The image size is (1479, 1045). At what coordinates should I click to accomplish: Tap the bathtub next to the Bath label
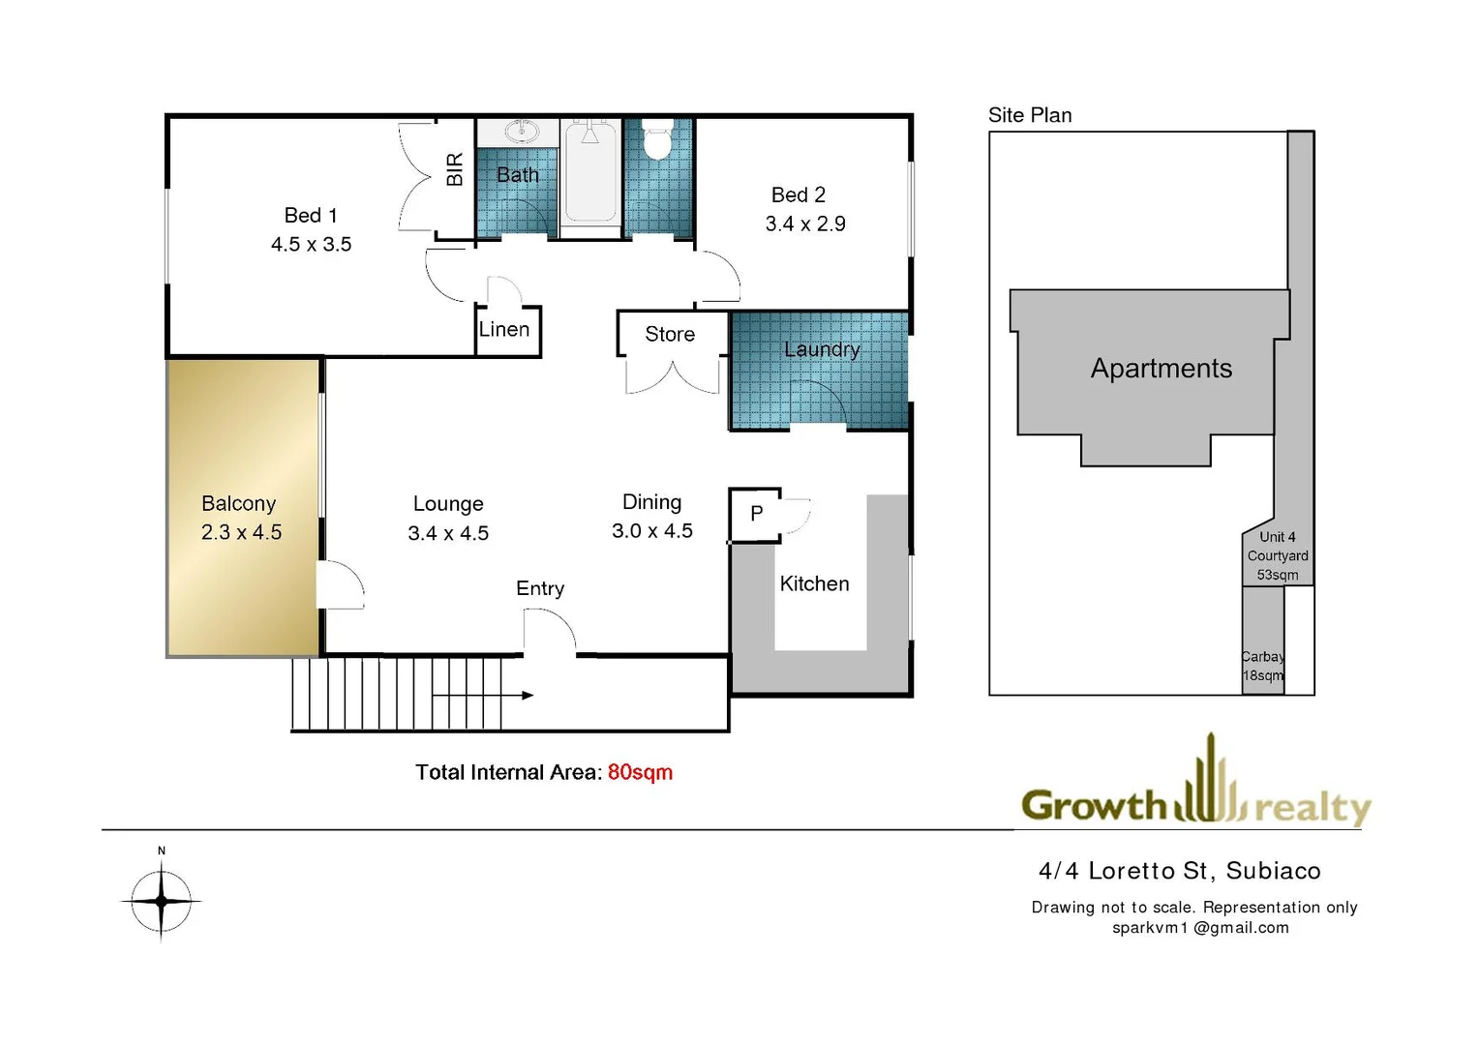click(589, 174)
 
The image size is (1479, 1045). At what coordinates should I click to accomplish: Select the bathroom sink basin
click(522, 131)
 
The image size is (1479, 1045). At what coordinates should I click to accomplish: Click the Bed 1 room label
click(311, 215)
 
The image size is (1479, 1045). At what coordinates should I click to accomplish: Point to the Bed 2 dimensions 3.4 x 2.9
click(805, 224)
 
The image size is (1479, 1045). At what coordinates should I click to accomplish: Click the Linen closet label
click(504, 329)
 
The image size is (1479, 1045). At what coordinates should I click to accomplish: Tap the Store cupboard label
click(670, 334)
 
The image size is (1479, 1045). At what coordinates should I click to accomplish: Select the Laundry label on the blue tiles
click(822, 349)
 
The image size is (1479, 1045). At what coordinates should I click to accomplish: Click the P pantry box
click(756, 514)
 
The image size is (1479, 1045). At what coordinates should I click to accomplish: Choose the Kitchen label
click(814, 583)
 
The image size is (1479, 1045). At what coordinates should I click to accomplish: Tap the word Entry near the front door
click(540, 588)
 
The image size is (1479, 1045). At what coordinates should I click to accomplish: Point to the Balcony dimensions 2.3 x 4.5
click(241, 532)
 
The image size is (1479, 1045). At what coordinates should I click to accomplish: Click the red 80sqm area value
click(640, 772)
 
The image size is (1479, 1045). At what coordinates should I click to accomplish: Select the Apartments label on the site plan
click(1162, 369)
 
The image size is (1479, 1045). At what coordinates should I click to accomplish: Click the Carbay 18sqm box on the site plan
click(1263, 666)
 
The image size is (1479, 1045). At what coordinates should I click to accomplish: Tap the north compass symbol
click(161, 899)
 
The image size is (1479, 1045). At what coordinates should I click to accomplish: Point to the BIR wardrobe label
click(455, 169)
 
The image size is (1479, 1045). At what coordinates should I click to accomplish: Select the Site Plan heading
click(1030, 115)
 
